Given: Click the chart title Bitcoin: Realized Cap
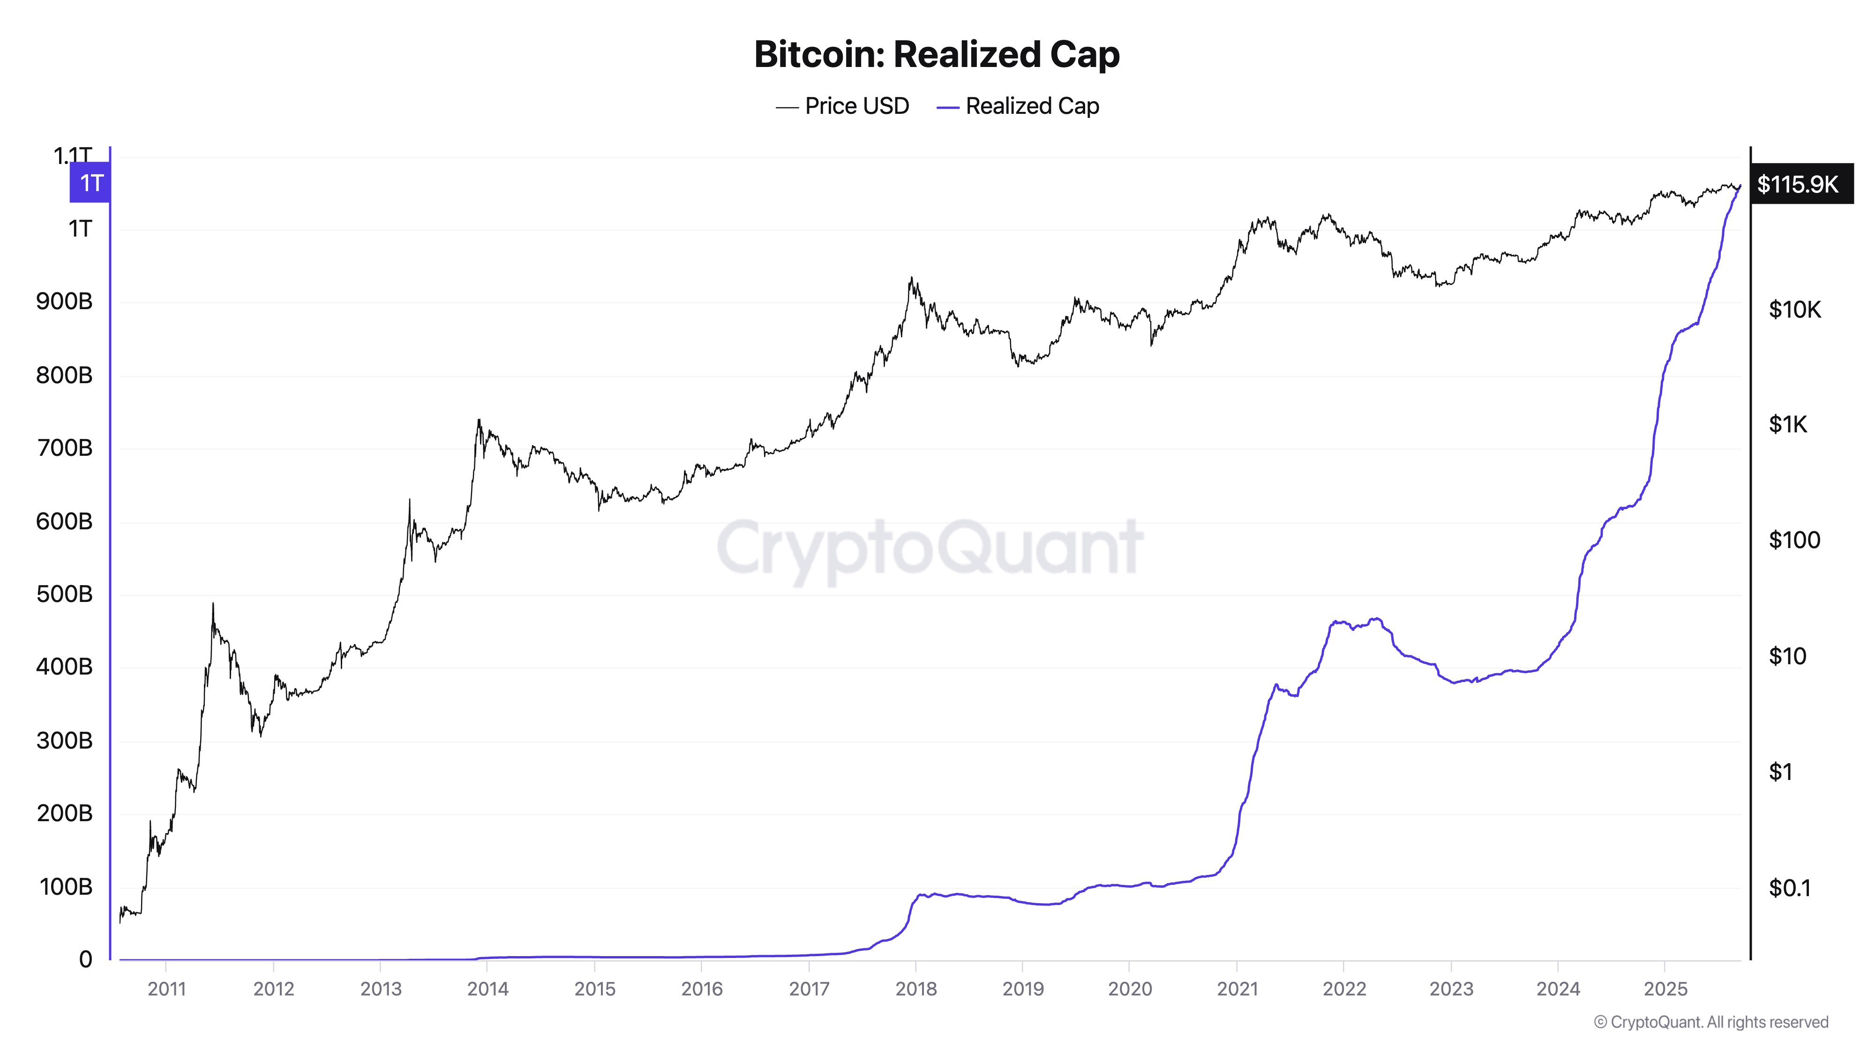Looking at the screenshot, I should [x=937, y=54].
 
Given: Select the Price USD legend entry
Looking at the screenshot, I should [x=843, y=106].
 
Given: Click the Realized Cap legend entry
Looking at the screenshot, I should [x=1018, y=106].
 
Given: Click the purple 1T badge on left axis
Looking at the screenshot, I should [x=90, y=183].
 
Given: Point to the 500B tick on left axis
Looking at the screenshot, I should [x=64, y=594].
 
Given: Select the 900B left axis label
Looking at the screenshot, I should [x=64, y=301].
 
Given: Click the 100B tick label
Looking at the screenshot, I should [x=66, y=887].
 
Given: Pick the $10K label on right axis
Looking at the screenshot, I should [x=1794, y=310].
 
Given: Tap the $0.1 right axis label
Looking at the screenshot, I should [x=1789, y=887].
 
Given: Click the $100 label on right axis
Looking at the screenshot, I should [x=1794, y=540].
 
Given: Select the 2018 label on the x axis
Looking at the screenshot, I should [x=915, y=989].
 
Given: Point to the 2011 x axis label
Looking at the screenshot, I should [x=167, y=989].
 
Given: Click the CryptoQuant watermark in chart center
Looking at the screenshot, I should [x=930, y=547].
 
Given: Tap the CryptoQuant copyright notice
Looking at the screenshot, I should [x=1710, y=1022].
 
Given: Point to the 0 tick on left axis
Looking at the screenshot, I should [x=85, y=959].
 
